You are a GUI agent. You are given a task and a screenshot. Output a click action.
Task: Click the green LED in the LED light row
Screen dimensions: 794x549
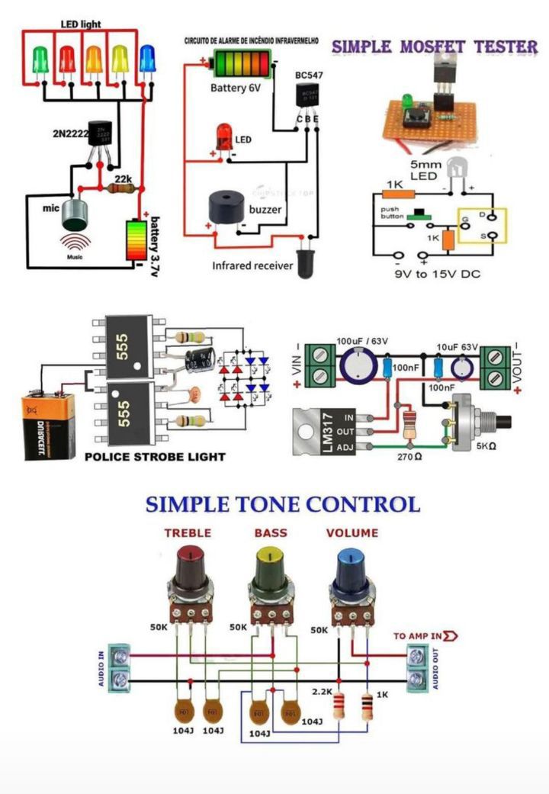pos(41,58)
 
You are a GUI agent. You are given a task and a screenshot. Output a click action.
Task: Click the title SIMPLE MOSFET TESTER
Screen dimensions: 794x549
pos(435,47)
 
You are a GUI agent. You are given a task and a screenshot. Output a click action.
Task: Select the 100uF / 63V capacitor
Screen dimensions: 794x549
pos(358,365)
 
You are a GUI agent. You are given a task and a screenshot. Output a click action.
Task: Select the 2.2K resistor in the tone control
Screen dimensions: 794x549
pos(340,706)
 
